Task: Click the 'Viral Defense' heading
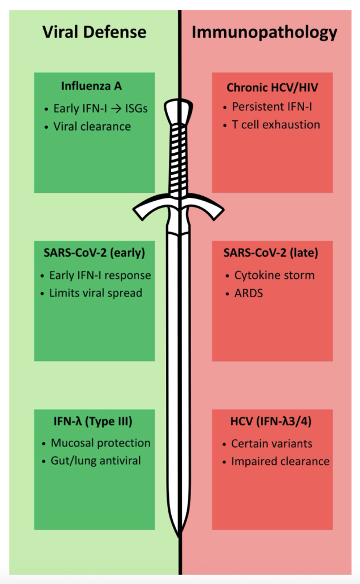tap(94, 32)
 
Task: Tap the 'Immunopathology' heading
tap(264, 32)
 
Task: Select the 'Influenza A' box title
tap(91, 86)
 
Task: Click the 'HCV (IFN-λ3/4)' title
tap(272, 422)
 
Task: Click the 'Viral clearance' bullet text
tap(92, 126)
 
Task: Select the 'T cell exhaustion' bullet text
tap(276, 124)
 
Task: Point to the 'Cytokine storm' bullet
tap(274, 275)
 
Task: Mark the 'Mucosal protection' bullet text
tap(100, 443)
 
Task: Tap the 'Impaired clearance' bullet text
tap(280, 461)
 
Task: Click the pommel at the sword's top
tap(179, 112)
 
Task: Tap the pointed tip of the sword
tap(179, 534)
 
